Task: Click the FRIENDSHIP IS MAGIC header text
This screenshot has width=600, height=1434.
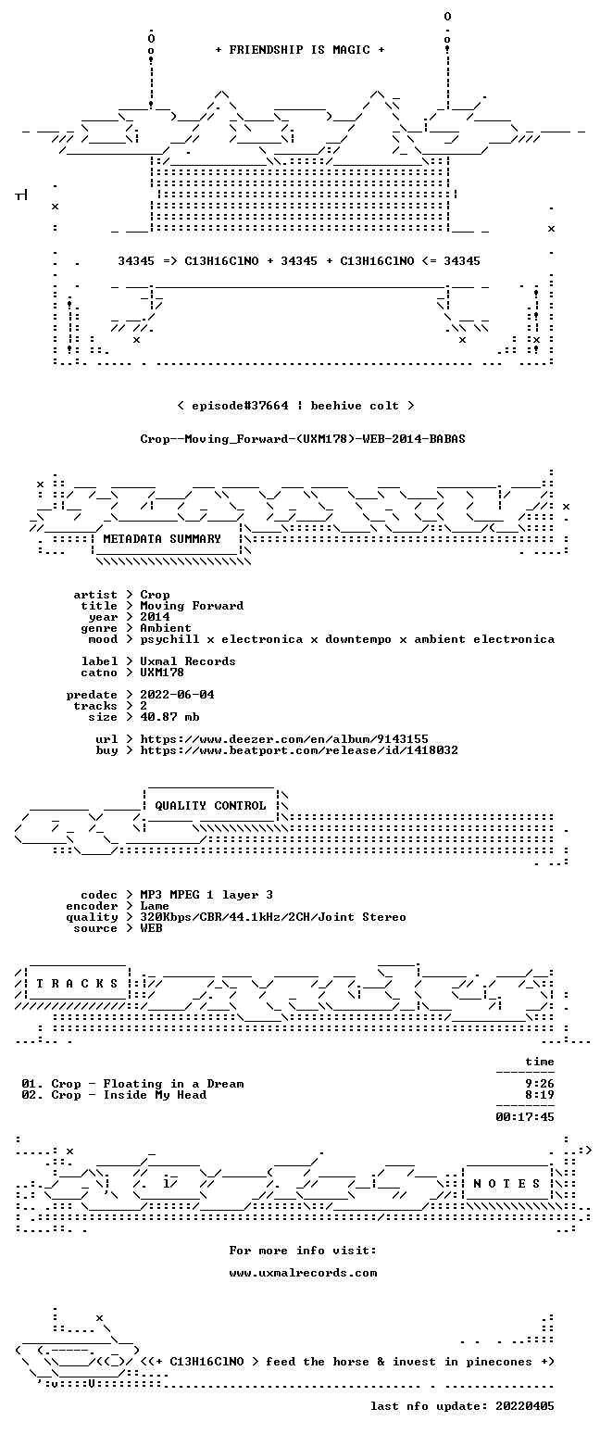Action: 300,50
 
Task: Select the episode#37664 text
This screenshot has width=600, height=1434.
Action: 240,406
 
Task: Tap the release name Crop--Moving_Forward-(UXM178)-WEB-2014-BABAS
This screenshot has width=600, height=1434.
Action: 303,439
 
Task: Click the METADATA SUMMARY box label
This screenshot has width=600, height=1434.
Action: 162,539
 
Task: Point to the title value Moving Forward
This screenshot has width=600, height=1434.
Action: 192,606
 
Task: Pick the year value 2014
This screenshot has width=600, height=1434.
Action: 155,617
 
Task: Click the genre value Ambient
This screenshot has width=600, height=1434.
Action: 166,628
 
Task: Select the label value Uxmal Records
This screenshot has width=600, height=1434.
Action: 188,661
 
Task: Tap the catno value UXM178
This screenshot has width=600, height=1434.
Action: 162,673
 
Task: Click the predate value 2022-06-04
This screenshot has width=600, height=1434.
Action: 177,695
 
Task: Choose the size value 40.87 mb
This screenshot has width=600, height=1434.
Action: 169,717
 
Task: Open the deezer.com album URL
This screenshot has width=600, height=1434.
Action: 284,739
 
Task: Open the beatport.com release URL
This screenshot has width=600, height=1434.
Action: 299,750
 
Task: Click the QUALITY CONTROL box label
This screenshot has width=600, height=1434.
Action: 210,806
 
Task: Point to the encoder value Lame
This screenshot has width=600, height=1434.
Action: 155,907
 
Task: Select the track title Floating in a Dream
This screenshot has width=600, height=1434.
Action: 173,1084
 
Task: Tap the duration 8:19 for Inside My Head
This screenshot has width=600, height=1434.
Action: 539,1095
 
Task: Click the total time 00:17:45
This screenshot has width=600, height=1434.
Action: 524,1117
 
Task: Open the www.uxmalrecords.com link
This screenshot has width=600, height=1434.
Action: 303,1273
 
